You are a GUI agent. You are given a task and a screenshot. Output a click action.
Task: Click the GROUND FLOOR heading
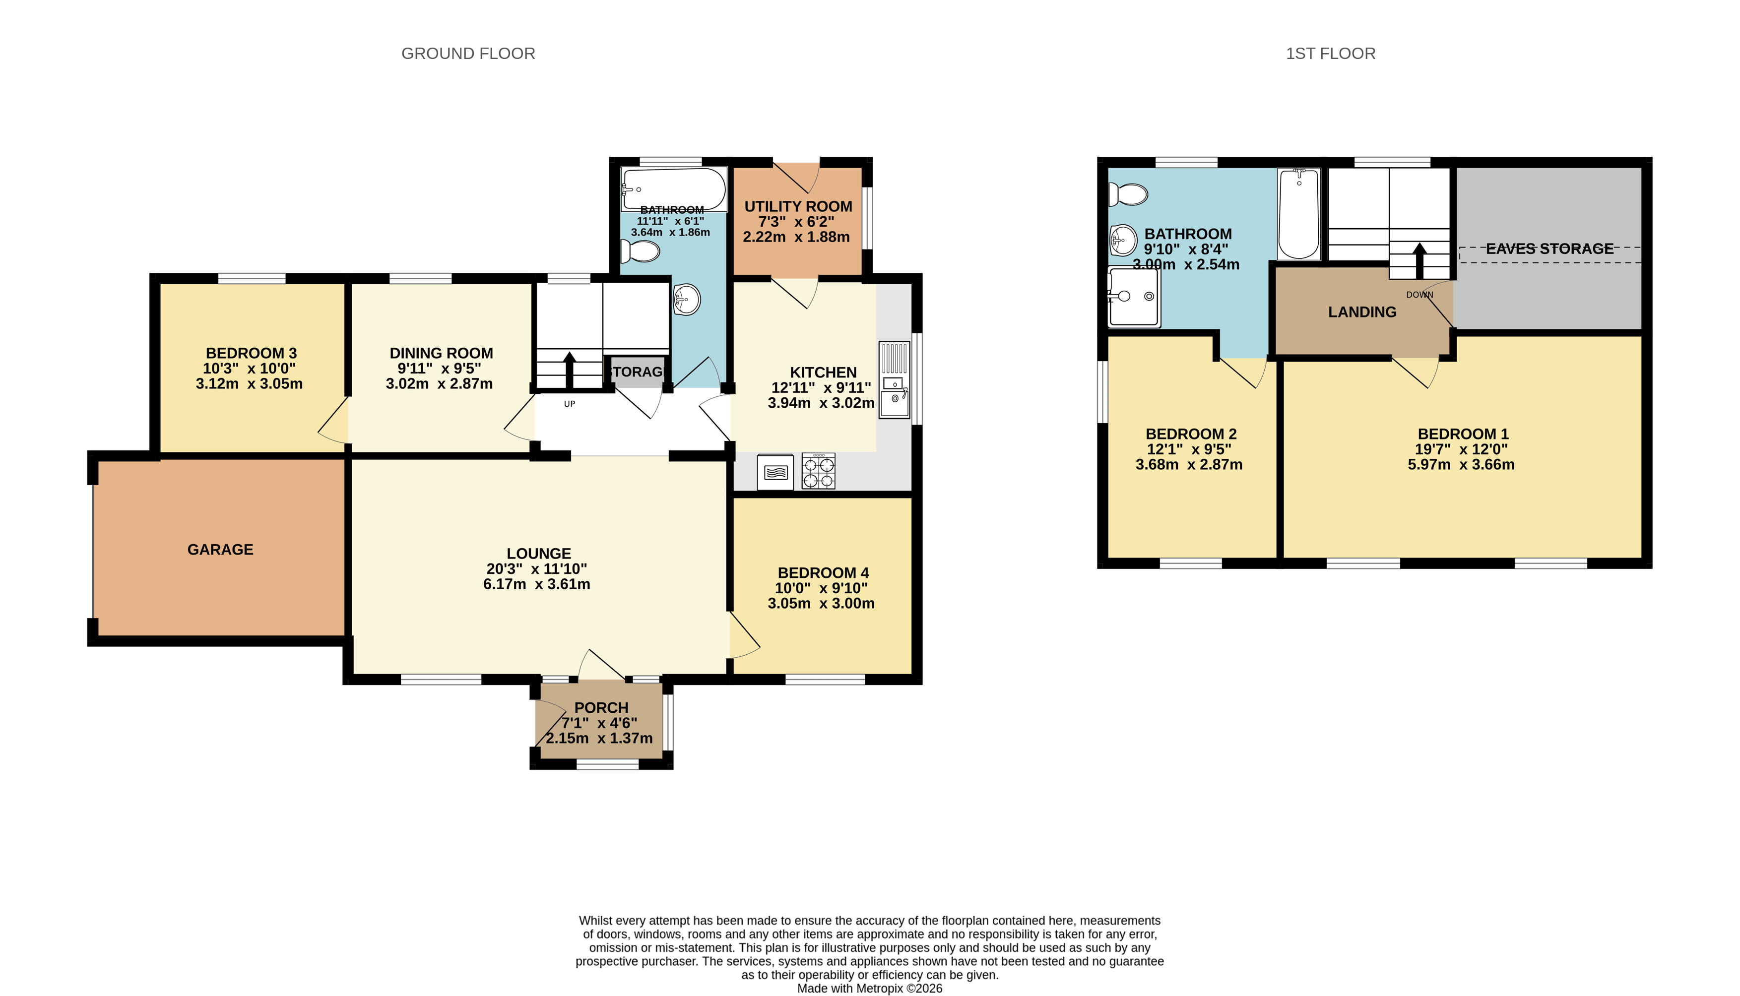468,54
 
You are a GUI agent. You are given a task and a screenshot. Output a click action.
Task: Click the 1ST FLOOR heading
1330,54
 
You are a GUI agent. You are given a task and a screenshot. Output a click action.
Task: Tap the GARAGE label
220,549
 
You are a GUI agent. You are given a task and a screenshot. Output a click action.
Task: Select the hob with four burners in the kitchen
818,471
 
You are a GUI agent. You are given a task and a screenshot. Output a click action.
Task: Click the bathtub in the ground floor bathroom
674,189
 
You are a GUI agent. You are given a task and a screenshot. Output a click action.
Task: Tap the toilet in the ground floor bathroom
640,251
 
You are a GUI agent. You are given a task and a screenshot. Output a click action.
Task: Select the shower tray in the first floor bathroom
1134,297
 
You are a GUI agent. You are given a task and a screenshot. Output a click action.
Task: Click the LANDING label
1362,312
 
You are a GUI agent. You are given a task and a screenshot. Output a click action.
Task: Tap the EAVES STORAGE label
1550,249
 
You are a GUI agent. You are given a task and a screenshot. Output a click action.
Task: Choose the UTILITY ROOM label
798,206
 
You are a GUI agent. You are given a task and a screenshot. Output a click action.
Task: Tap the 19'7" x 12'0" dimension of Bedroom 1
1462,449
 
